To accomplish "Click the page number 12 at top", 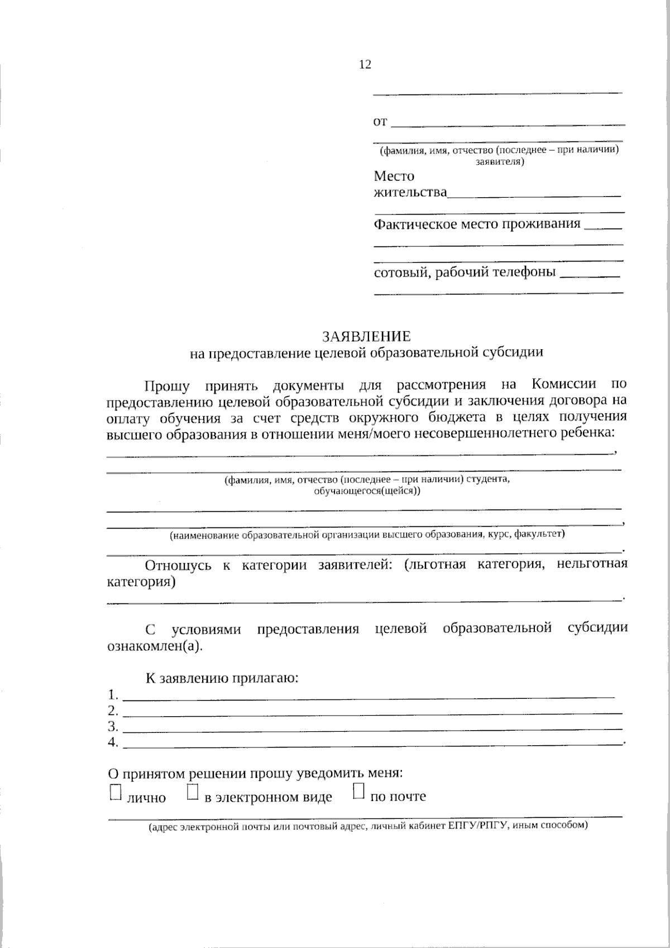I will click(365, 65).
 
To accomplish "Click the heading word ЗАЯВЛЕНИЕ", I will click(366, 336).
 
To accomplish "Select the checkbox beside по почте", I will click(358, 792).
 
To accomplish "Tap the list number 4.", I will click(113, 742).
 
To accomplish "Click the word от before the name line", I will click(380, 122).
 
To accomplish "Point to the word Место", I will click(394, 177).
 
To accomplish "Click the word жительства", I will click(410, 193).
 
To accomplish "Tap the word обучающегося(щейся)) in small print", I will click(367, 491).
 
